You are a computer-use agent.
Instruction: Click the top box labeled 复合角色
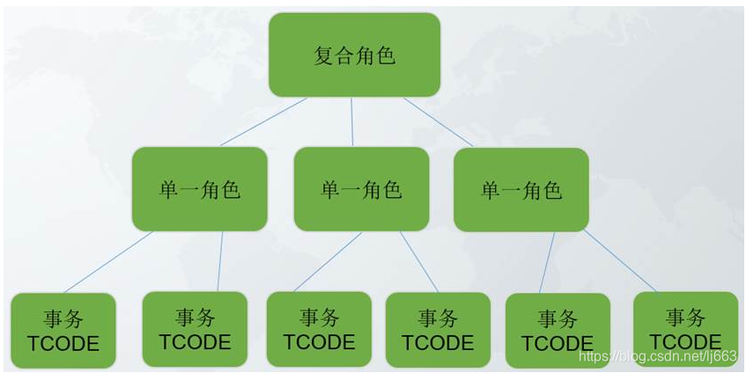(x=354, y=55)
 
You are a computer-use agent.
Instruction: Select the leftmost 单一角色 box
(x=199, y=189)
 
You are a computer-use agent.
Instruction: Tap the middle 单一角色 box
(x=360, y=189)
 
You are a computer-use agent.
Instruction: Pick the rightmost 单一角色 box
(x=521, y=189)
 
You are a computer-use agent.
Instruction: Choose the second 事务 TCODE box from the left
(x=194, y=329)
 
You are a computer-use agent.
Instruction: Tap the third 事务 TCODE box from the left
(x=319, y=330)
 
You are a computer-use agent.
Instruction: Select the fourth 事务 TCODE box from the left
(x=437, y=330)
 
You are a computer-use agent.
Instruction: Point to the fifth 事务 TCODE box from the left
(x=557, y=331)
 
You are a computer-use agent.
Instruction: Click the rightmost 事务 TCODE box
(x=685, y=329)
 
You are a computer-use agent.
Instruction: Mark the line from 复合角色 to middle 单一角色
(x=352, y=121)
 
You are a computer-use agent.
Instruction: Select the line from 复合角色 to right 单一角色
(x=439, y=121)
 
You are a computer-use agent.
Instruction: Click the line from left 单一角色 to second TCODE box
(x=220, y=261)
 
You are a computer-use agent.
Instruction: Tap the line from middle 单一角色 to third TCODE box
(x=327, y=261)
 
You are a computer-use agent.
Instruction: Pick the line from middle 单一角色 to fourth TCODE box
(x=419, y=261)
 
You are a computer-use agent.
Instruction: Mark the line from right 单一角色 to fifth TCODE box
(x=547, y=262)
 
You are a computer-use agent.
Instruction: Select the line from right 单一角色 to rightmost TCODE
(x=619, y=261)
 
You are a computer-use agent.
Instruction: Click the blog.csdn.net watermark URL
(x=656, y=356)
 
